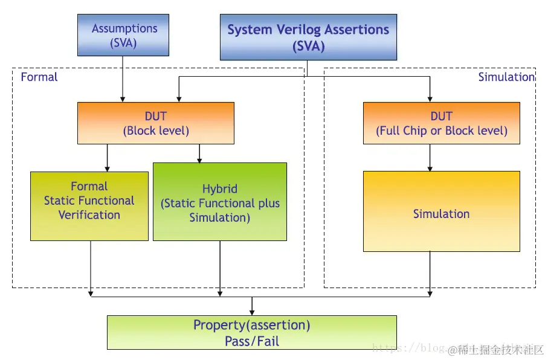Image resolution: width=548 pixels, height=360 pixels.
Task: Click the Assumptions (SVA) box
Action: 123,35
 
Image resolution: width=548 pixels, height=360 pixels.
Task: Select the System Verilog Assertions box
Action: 308,37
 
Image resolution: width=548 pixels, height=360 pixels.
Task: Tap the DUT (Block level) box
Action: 156,123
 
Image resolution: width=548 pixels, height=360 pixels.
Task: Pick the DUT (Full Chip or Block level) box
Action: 441,123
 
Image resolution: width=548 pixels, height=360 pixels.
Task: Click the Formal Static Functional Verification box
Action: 89,206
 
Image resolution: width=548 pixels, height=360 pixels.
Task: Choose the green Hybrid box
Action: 220,202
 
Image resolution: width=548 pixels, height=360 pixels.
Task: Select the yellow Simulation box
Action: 441,211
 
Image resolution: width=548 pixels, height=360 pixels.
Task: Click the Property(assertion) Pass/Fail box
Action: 251,333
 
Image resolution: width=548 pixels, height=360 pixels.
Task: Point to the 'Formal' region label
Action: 39,77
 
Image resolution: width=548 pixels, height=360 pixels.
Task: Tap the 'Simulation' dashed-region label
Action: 506,77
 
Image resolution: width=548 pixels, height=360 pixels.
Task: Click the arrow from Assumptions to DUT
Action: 123,79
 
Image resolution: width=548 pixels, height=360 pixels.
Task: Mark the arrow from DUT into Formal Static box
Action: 107,158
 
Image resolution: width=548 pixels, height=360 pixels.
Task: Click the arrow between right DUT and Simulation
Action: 430,158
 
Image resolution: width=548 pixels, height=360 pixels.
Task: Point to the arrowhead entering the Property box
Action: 252,312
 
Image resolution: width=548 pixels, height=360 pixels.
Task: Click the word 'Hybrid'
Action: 220,189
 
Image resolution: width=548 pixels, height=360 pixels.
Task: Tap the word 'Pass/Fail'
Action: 252,341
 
